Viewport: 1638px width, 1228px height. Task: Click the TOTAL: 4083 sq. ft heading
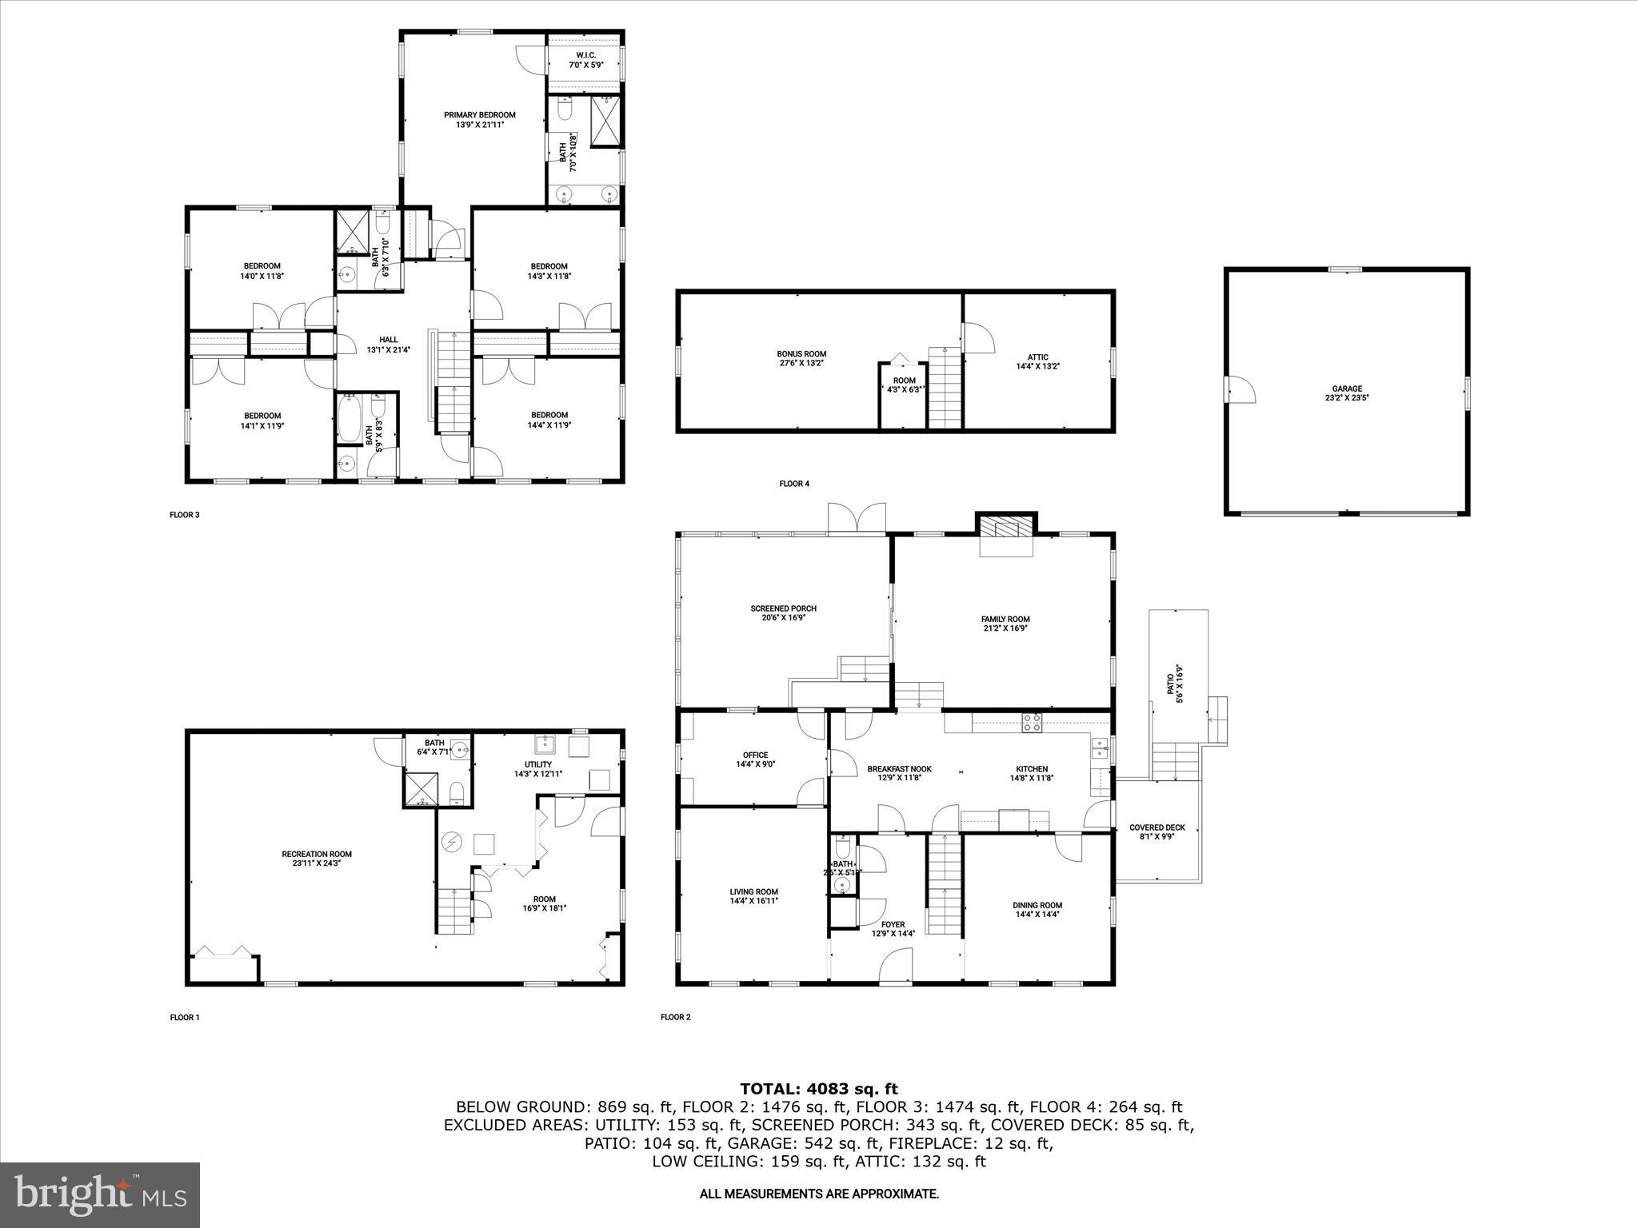click(x=818, y=1089)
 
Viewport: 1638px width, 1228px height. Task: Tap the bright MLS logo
click(x=100, y=1194)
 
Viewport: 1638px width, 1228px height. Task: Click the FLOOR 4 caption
click(x=794, y=484)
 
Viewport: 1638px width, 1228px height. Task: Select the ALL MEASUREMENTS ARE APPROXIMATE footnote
click(x=818, y=1194)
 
